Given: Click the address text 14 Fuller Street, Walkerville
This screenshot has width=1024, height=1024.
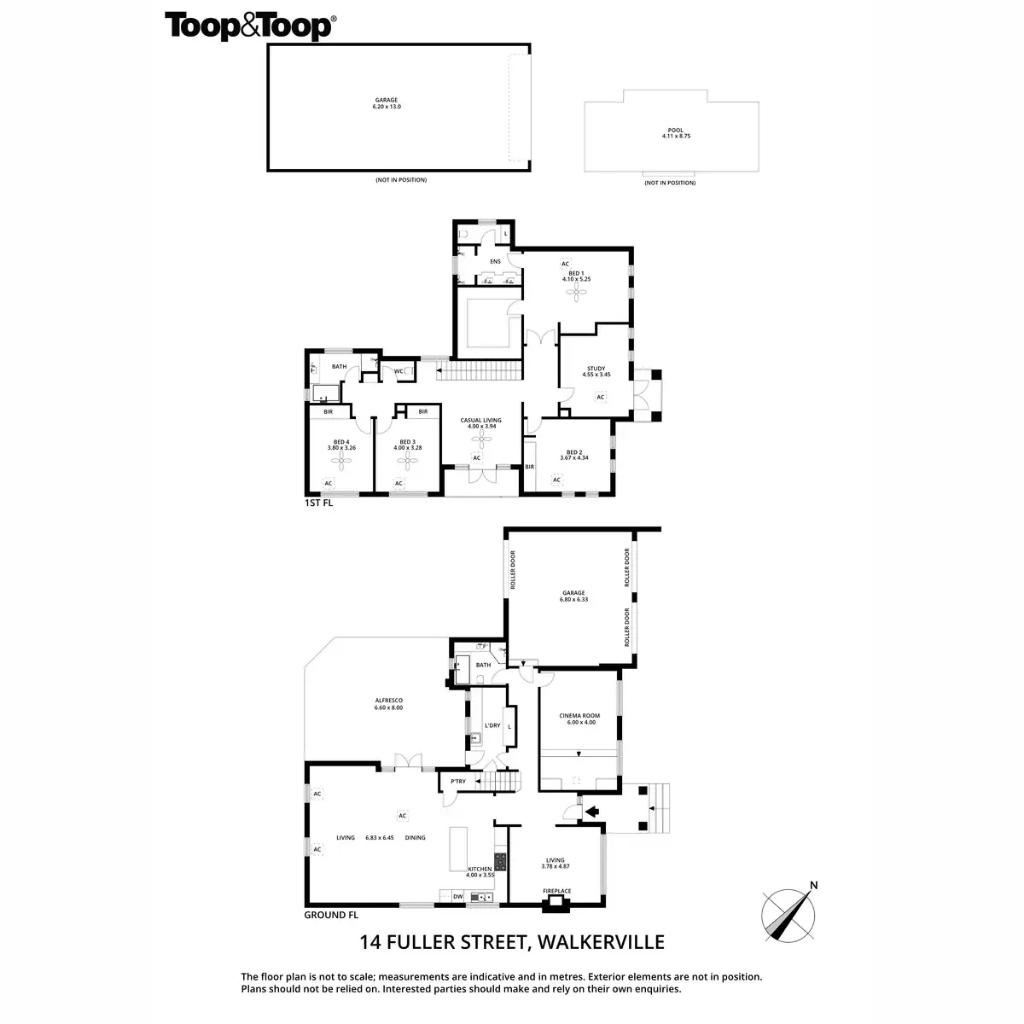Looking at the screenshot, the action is point(512,943).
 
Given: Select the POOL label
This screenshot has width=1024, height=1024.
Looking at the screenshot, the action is point(675,131).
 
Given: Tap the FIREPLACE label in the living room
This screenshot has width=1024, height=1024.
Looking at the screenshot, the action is point(557,891).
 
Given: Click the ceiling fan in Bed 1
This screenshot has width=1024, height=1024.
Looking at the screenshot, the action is point(578,293).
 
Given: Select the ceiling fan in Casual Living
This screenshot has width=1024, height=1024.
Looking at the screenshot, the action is point(481,437).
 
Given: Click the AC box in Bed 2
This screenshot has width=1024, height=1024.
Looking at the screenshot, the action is point(556,480).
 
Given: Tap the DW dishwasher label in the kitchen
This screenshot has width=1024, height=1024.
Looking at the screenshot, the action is point(457,897).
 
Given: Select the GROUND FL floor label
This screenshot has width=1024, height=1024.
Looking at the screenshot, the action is point(331,915).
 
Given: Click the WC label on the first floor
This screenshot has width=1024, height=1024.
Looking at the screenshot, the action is point(399,371).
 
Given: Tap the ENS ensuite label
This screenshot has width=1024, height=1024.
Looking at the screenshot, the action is point(495,261).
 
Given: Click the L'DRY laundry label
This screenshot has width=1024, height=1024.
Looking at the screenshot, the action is point(492,726).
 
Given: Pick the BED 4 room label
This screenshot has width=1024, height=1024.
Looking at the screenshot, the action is point(342,442).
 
